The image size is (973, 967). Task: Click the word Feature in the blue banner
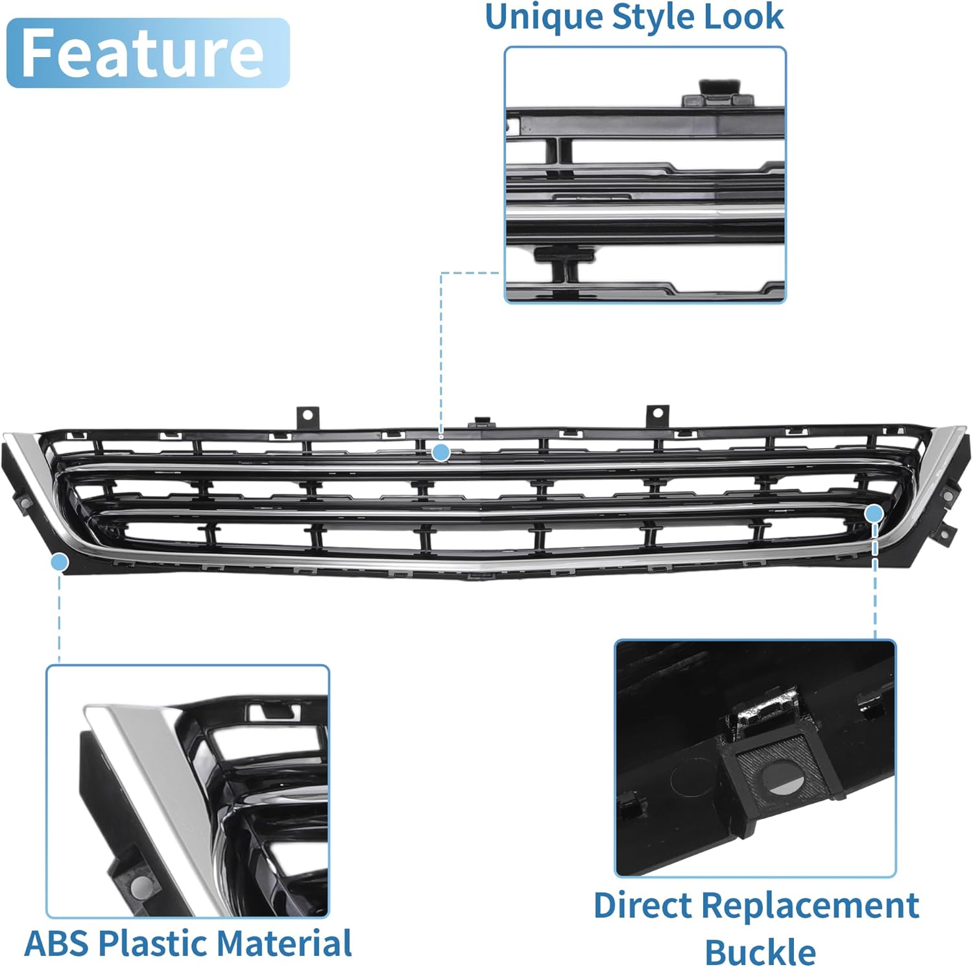coord(143,53)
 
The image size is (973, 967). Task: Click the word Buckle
coord(760,951)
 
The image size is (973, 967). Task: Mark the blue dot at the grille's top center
coord(441,452)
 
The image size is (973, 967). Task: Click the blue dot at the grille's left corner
coord(60,562)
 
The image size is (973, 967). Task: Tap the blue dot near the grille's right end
coord(874,514)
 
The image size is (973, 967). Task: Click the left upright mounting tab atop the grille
coord(307,416)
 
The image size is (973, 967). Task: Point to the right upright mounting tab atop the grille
coord(657,414)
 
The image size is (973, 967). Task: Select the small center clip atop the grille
coord(481,422)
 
